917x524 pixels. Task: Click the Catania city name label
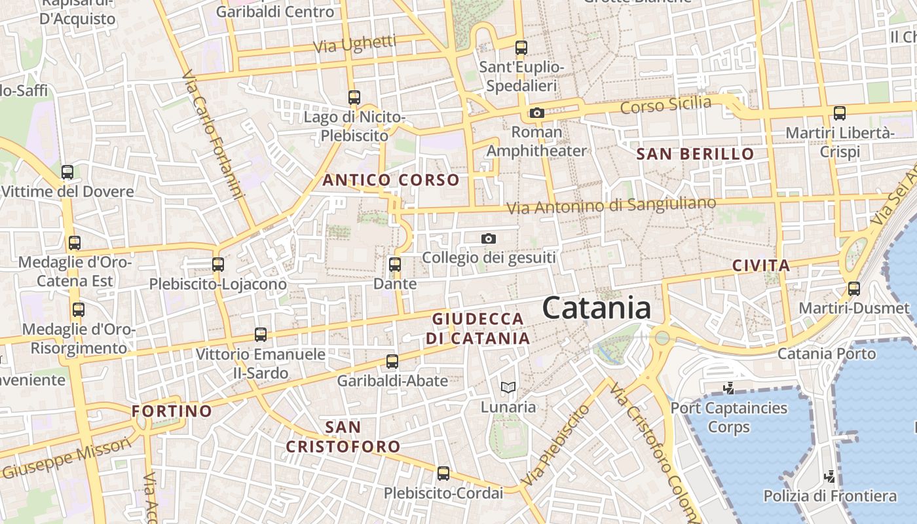(x=597, y=308)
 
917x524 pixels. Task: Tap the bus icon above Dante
(x=395, y=265)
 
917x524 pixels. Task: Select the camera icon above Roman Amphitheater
(x=537, y=113)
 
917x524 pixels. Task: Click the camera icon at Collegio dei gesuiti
(x=489, y=238)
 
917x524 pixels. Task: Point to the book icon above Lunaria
(x=508, y=387)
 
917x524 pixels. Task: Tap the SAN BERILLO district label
(x=696, y=154)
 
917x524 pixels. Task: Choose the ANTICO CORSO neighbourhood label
(x=391, y=180)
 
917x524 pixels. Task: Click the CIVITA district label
(x=761, y=265)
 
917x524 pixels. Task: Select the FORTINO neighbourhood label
(x=172, y=411)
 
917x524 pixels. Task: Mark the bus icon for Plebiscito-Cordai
(x=443, y=474)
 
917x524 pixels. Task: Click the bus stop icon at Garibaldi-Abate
(x=392, y=362)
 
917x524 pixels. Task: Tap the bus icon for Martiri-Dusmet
(x=854, y=288)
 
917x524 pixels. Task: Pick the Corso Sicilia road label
(x=665, y=105)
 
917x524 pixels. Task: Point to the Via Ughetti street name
(x=355, y=45)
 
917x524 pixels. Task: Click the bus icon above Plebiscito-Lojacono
(x=218, y=265)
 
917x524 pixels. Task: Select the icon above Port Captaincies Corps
(x=728, y=389)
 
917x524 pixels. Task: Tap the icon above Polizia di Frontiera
(x=830, y=476)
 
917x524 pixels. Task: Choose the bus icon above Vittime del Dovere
(x=67, y=172)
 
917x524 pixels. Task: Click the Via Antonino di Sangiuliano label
(x=612, y=206)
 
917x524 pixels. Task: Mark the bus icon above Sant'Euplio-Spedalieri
(x=521, y=48)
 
